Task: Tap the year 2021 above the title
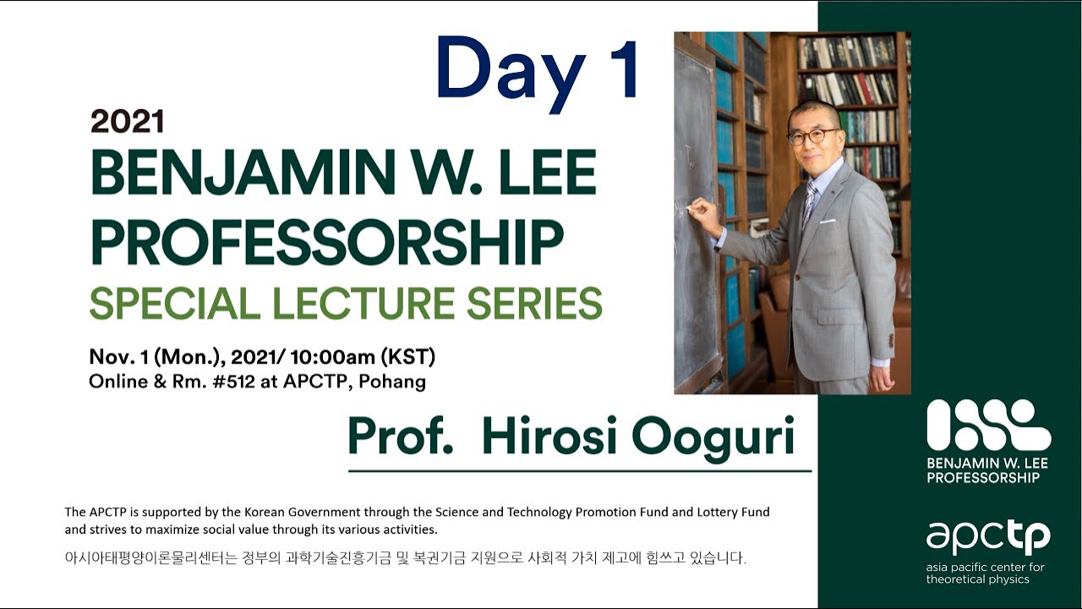pyautogui.click(x=127, y=122)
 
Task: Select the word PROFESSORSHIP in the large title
pyautogui.click(x=326, y=244)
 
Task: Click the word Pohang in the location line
pyautogui.click(x=392, y=381)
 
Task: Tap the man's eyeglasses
pyautogui.click(x=813, y=136)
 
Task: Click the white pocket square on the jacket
pyautogui.click(x=828, y=222)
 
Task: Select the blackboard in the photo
pyautogui.click(x=694, y=211)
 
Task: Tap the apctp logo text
pyautogui.click(x=988, y=537)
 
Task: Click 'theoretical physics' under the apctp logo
pyautogui.click(x=977, y=579)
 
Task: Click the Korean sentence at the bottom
pyautogui.click(x=406, y=559)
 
